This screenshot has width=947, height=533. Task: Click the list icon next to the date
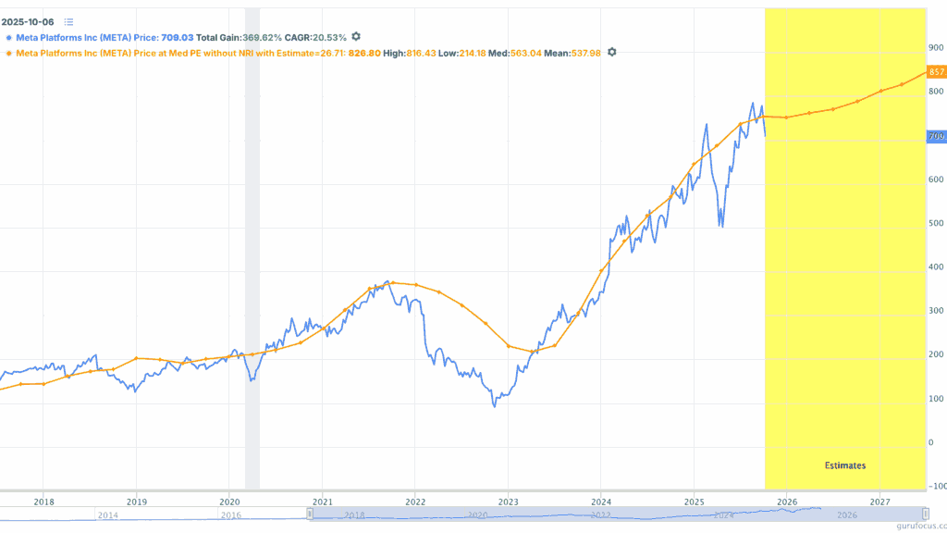pos(69,21)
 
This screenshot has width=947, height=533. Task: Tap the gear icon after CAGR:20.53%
pos(355,37)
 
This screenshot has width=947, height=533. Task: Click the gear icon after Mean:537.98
pos(611,53)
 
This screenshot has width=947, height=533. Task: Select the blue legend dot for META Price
pos(8,38)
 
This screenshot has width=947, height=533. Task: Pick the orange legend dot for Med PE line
pos(8,54)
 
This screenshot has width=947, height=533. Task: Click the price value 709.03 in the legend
pos(178,38)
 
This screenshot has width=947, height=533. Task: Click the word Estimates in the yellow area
pos(845,465)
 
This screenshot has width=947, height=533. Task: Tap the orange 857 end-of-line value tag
pos(936,71)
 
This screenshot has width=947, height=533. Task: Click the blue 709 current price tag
pos(936,137)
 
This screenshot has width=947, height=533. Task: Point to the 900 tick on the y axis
pos(936,47)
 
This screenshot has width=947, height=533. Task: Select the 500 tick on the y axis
pos(936,223)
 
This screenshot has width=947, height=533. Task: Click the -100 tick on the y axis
pos(936,486)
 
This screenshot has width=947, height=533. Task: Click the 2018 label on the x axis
pos(43,502)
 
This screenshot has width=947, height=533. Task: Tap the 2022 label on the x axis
pos(414,502)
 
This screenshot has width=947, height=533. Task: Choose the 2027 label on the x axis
pos(879,502)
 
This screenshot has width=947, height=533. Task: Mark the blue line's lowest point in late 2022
pos(495,406)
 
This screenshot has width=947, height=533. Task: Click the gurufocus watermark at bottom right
pos(916,524)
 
